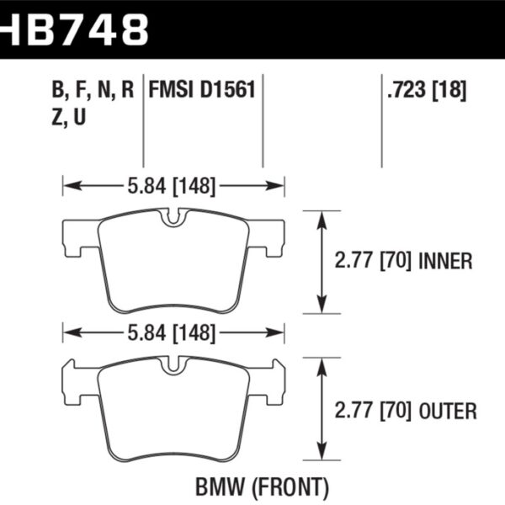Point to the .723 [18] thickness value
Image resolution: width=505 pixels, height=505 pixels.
(x=427, y=90)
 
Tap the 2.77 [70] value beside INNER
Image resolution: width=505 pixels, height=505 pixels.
(x=370, y=262)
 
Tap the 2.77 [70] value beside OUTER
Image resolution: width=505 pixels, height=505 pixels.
(x=370, y=412)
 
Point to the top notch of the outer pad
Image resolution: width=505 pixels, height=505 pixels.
(x=174, y=366)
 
